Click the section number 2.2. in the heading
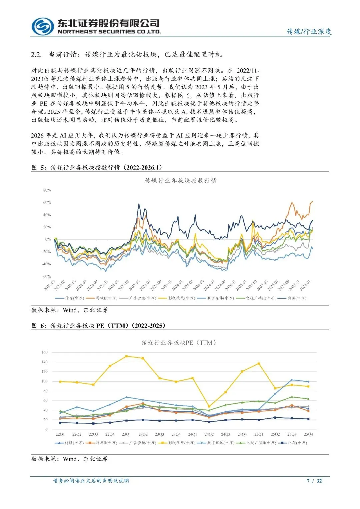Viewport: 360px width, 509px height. (x=36, y=55)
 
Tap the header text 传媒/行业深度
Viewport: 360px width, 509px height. (x=309, y=32)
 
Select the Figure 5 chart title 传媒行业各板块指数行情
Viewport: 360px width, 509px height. (x=180, y=181)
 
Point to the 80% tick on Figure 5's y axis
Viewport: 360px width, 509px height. (x=47, y=190)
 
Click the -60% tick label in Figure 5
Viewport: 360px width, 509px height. (x=46, y=277)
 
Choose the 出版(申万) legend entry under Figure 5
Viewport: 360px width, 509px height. (x=297, y=298)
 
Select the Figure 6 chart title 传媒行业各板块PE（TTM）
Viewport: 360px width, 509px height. (x=179, y=343)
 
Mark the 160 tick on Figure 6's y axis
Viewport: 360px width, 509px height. (x=45, y=352)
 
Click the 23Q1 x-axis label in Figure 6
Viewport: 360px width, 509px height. (x=126, y=435)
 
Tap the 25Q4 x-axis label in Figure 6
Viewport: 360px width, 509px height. (x=308, y=435)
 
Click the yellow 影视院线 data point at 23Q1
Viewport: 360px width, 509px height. (x=126, y=356)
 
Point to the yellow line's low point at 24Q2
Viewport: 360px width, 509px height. (x=209, y=407)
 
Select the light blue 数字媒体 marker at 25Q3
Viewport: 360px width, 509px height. (x=292, y=380)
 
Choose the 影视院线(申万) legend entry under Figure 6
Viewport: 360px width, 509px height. (x=181, y=443)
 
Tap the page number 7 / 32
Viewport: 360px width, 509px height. (x=314, y=481)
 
